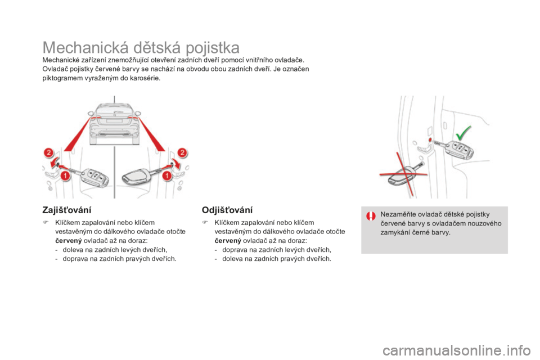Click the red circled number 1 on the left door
(x=65, y=176)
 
